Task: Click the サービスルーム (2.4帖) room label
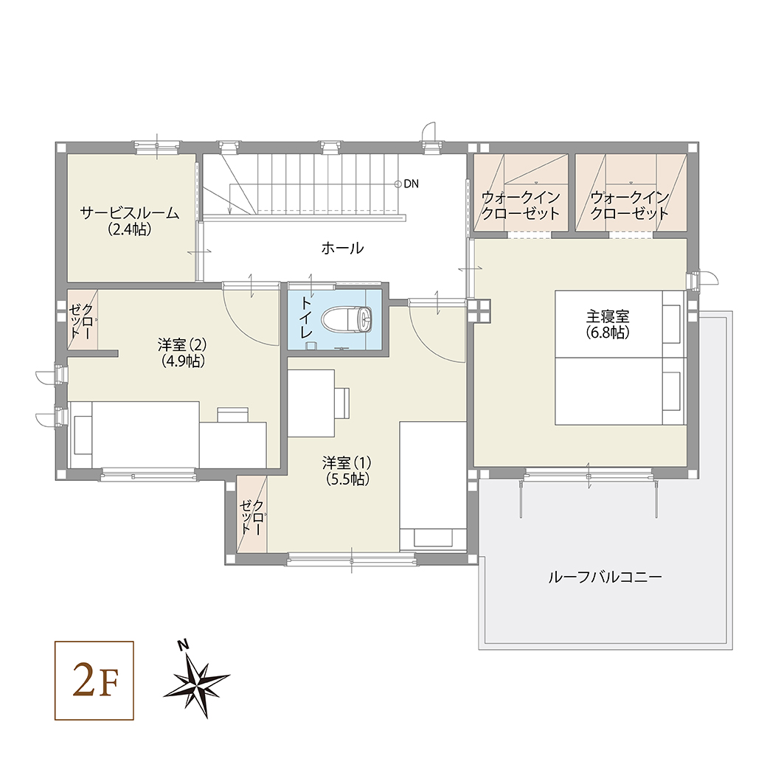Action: click(x=130, y=221)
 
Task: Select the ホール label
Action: click(x=342, y=249)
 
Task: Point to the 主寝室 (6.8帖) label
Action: click(x=608, y=324)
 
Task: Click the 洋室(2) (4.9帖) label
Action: click(x=183, y=353)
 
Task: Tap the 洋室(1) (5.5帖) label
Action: click(x=347, y=471)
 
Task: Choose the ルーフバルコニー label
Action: click(x=605, y=577)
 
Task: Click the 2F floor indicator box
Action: click(x=94, y=681)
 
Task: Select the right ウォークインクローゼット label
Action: click(x=629, y=206)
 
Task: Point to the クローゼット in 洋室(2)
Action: click(x=82, y=321)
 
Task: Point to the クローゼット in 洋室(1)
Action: click(x=252, y=516)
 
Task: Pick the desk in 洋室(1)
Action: click(x=310, y=403)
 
